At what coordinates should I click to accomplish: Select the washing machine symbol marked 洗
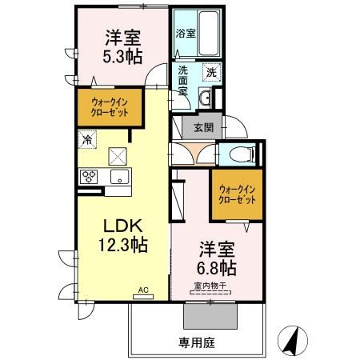tap(210, 71)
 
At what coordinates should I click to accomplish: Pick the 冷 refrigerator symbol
tap(86, 138)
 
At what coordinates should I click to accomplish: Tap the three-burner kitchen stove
tap(89, 177)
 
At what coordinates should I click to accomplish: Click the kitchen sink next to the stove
tap(119, 177)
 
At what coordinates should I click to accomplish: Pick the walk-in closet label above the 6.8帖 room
tap(237, 195)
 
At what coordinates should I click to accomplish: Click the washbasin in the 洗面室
tap(206, 98)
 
